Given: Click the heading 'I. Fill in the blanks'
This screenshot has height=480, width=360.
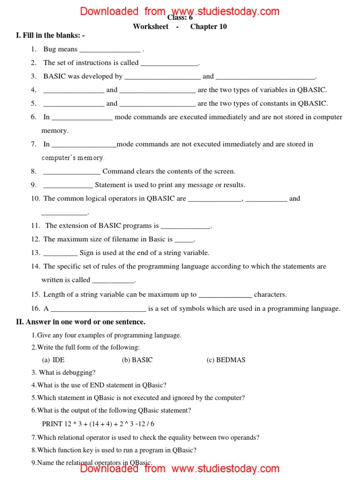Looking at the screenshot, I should pos(50,36).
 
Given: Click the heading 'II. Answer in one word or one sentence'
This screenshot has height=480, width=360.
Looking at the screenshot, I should pos(81,322).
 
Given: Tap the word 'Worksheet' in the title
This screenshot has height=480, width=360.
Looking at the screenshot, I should pos(150,27).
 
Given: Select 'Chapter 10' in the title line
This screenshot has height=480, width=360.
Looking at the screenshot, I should pos(209,27).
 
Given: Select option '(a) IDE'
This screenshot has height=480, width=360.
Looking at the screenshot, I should pos(53,360).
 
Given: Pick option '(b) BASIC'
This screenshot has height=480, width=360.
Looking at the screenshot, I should pos(137,360).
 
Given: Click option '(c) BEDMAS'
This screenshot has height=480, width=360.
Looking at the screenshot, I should pos(226,360).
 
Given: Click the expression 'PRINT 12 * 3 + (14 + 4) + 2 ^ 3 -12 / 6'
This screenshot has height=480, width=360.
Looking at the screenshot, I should pos(98,424).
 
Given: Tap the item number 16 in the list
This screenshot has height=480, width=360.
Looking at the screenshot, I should pos(36,308).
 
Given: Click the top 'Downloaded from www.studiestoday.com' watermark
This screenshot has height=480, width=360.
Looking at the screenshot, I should pos(180,11).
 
